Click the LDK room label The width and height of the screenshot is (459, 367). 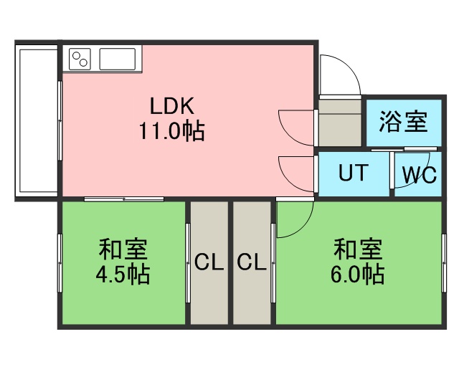coord(172,106)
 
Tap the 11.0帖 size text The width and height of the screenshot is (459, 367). coord(172,131)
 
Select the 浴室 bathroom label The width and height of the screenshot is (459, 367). coord(403,120)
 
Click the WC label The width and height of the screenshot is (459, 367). coord(419,176)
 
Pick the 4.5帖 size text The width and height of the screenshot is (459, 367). coord(123,275)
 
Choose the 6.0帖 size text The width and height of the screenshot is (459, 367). coord(357,274)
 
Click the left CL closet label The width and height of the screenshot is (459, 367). coord(209,262)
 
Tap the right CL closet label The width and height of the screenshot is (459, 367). coord(252,262)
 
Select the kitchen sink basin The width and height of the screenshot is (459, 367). coord(119,58)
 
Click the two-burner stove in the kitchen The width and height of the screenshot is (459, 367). coord(80,58)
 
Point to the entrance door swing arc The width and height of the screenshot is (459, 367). coord(339,75)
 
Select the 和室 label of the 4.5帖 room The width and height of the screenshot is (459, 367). coord(123,251)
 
